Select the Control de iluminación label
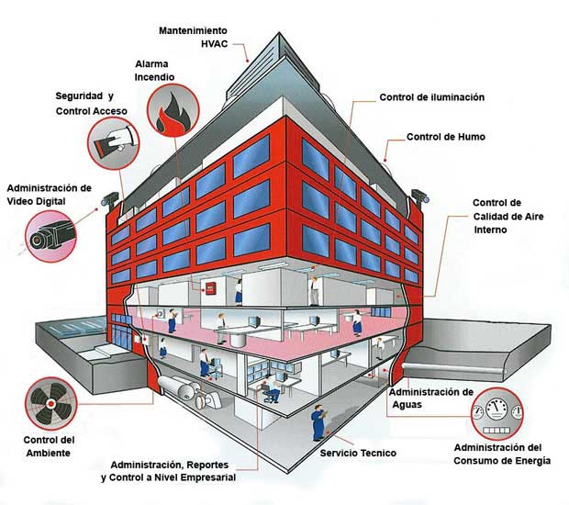click(x=432, y=96)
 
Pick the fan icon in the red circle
click(x=49, y=404)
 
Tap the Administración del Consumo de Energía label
click(x=502, y=454)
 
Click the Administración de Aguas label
click(x=431, y=398)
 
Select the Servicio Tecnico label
click(x=351, y=454)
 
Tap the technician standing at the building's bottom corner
click(x=318, y=423)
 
